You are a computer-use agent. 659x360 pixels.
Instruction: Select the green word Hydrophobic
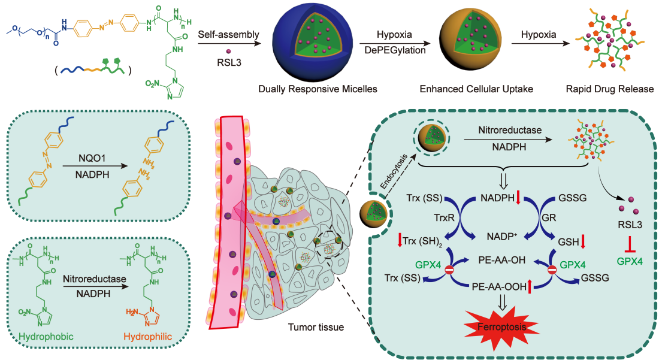click(x=46, y=337)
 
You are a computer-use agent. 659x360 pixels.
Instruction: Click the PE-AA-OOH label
click(x=498, y=286)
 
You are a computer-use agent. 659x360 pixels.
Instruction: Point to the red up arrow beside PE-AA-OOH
click(x=530, y=287)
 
